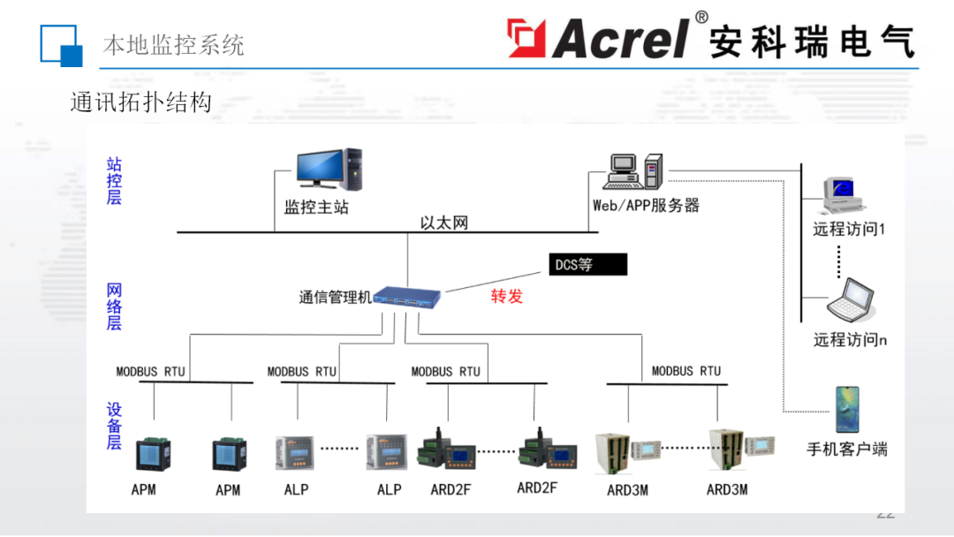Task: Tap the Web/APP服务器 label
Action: click(x=646, y=206)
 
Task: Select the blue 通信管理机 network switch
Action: click(x=407, y=297)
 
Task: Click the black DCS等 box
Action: click(x=587, y=264)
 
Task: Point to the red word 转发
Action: click(x=507, y=297)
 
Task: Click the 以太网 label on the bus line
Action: click(x=444, y=223)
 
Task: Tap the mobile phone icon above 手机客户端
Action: click(x=847, y=410)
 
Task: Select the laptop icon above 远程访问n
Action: click(x=850, y=300)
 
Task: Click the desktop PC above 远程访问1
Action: click(x=843, y=196)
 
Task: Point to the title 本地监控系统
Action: click(x=173, y=45)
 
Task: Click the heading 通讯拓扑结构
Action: click(x=141, y=102)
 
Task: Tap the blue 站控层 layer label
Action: click(x=114, y=181)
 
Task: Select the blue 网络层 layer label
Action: click(x=114, y=306)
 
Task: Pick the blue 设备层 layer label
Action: click(x=114, y=427)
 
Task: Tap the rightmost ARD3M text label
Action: click(x=727, y=489)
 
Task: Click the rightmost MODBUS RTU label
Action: click(x=686, y=371)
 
